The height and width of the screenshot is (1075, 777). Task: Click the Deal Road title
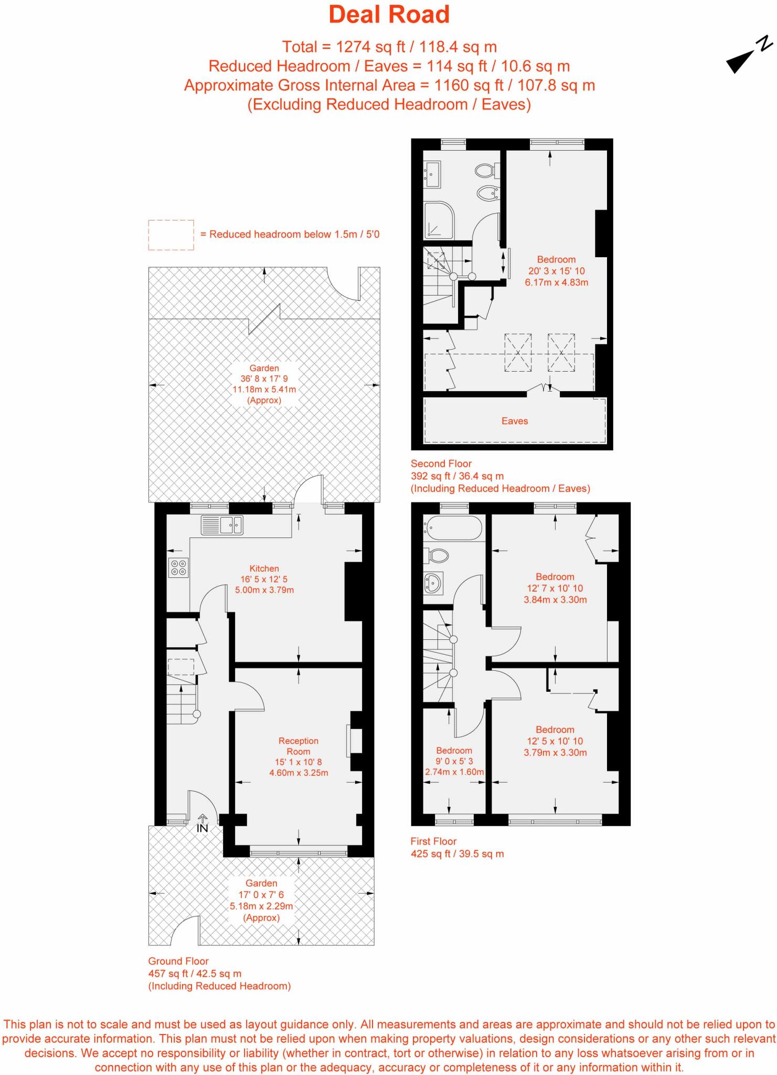(389, 15)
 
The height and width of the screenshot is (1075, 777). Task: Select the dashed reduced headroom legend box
(171, 235)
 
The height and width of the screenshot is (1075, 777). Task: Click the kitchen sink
(222, 525)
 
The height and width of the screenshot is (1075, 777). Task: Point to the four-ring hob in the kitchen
(178, 567)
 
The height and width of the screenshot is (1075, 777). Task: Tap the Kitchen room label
(264, 568)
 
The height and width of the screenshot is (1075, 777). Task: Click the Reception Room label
(299, 746)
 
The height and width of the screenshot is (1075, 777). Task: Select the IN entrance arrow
(203, 824)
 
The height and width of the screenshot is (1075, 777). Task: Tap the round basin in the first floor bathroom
(434, 582)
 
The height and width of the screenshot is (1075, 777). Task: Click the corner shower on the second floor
(438, 220)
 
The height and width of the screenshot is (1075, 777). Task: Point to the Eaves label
(515, 421)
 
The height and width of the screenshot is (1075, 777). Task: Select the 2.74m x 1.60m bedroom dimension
(454, 772)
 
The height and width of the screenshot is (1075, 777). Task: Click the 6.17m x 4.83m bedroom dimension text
(556, 282)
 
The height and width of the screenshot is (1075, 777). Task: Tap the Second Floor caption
(441, 463)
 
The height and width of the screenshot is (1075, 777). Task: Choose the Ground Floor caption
(178, 961)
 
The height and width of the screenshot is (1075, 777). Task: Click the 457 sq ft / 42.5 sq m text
(195, 973)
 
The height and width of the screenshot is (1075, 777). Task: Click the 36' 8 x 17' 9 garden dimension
(264, 378)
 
